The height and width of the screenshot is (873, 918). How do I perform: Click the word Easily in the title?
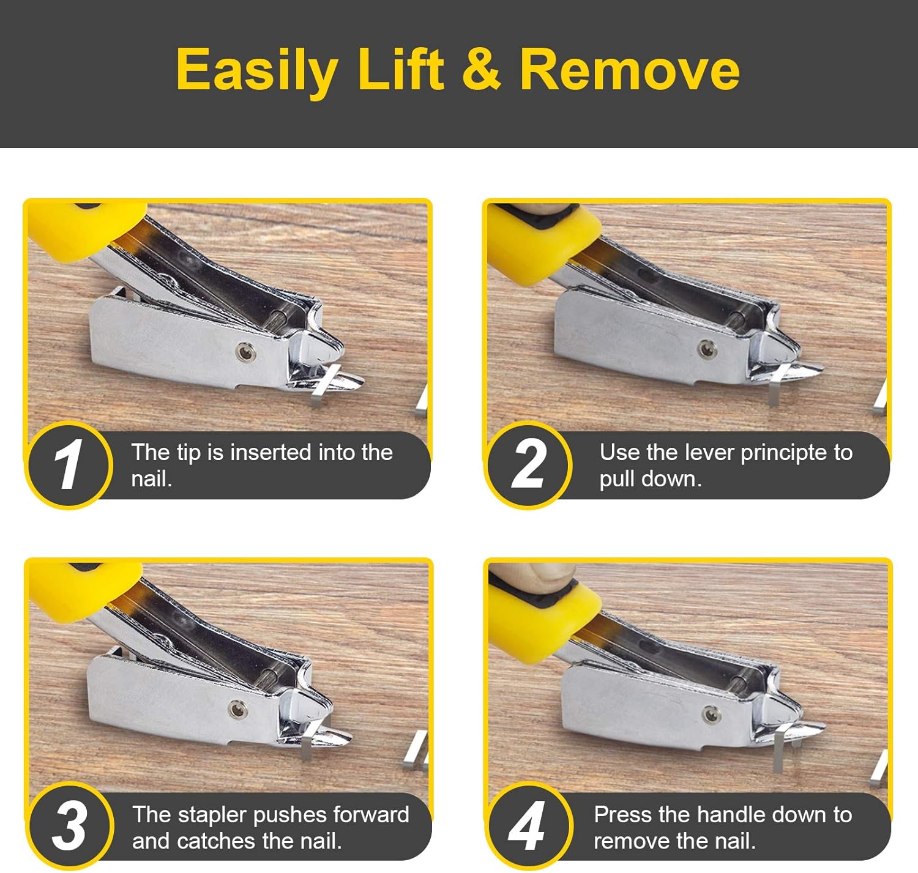(x=256, y=70)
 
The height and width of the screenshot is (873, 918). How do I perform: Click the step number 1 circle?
(x=69, y=465)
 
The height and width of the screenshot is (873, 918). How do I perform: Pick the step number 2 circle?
(x=528, y=465)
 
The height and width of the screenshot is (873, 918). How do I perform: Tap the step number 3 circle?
(x=69, y=826)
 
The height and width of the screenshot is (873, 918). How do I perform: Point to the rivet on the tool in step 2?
(x=706, y=349)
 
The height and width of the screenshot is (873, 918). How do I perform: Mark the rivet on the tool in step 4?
(x=711, y=713)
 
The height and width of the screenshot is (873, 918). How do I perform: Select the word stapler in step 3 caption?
(x=212, y=815)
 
